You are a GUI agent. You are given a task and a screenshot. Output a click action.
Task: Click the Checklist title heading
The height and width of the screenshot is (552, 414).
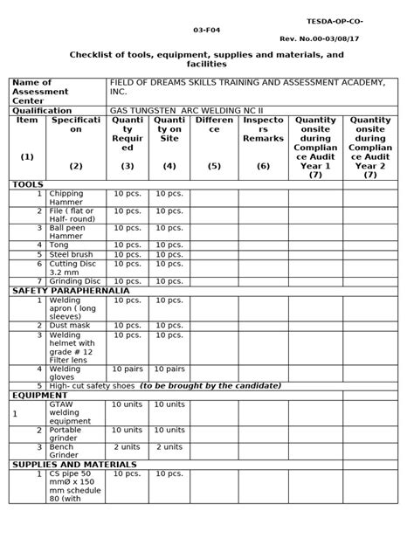[x=207, y=59]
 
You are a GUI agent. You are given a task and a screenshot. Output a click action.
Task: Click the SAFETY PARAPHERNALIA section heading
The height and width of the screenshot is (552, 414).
[x=70, y=290]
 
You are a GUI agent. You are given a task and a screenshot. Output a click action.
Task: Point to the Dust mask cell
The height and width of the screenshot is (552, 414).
[x=70, y=325]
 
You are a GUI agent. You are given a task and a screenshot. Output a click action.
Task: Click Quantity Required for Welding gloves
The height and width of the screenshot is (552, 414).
[x=128, y=369]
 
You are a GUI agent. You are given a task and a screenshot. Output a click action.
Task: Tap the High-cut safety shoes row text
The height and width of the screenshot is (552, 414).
[x=166, y=385]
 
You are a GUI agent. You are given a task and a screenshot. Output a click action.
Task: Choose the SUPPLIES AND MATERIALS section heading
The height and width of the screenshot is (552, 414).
[x=73, y=465]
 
